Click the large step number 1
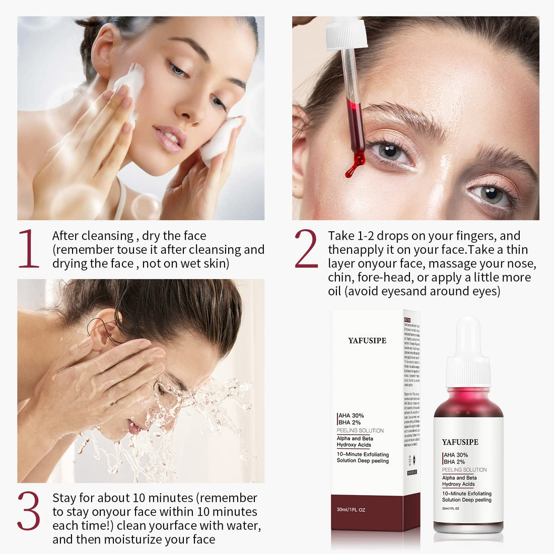click(x=29, y=249)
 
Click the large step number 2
click(x=306, y=249)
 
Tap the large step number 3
click(x=29, y=511)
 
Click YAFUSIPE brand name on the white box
click(x=367, y=340)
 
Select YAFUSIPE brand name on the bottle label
click(x=460, y=442)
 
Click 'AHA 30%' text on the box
click(x=351, y=415)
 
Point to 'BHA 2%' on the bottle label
click(x=455, y=462)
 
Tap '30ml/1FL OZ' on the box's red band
click(x=351, y=510)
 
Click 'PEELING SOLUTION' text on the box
click(x=360, y=431)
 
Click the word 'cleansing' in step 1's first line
click(x=107, y=236)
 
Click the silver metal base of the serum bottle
click(x=468, y=527)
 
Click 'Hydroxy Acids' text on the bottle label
click(x=459, y=484)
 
